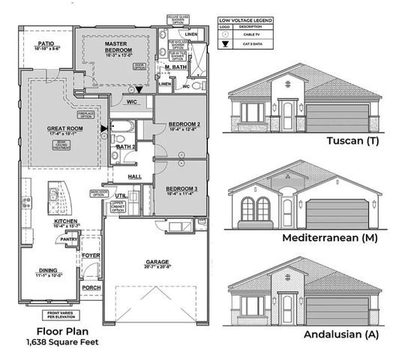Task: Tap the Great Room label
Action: click(x=64, y=128)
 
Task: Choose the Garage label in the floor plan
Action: click(x=157, y=262)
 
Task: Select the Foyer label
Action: click(x=91, y=254)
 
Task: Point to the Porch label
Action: click(x=91, y=287)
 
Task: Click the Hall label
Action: click(x=135, y=176)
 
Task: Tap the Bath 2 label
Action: click(x=124, y=147)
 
